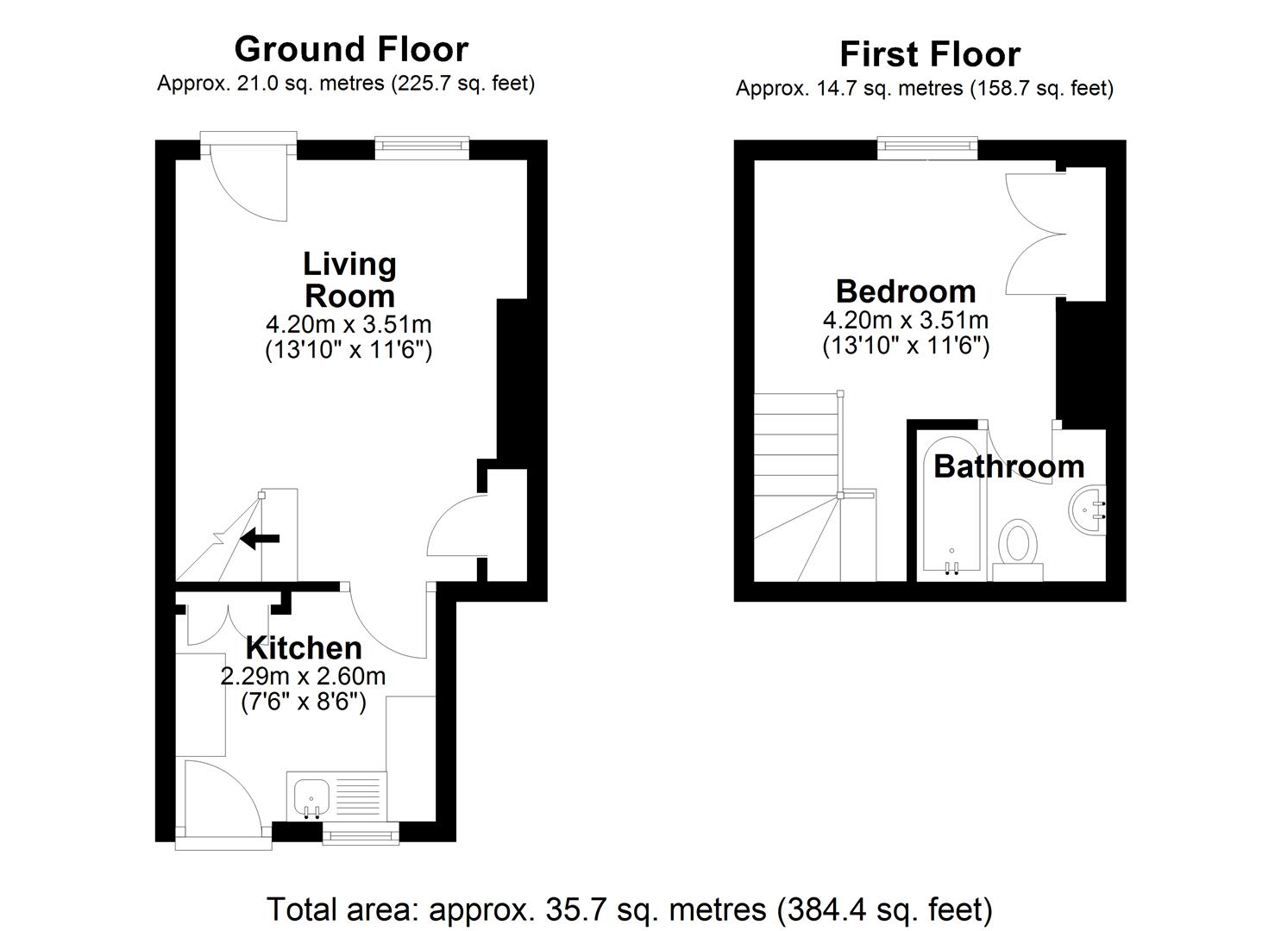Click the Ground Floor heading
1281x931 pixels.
(x=350, y=49)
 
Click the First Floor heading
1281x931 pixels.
(x=929, y=54)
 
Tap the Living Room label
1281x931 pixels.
(x=349, y=279)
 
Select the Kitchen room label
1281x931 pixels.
(x=304, y=647)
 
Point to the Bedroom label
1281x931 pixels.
(x=905, y=291)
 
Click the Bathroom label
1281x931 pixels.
(x=1008, y=466)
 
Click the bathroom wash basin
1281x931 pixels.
(x=1087, y=510)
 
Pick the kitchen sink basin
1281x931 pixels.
(x=311, y=797)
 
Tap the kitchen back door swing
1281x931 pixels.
(x=220, y=797)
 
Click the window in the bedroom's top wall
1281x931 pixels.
(x=927, y=149)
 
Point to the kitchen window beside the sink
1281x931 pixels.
(x=361, y=833)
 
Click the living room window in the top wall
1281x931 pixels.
(x=422, y=148)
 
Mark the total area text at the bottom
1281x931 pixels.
(x=629, y=909)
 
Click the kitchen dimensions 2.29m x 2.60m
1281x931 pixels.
(x=303, y=676)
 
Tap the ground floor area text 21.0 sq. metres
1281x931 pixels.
(x=345, y=84)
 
